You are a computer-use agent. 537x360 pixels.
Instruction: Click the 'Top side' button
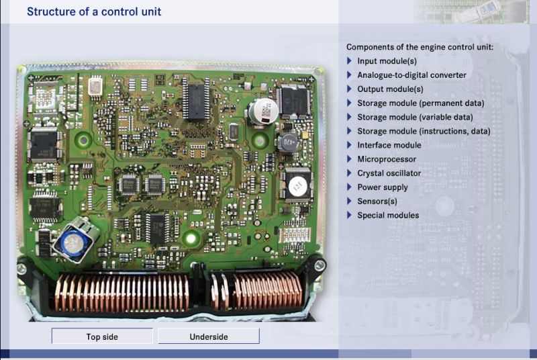(x=102, y=336)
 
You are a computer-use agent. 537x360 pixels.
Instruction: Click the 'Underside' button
(x=209, y=336)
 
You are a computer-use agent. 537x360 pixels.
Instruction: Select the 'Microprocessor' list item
(x=387, y=159)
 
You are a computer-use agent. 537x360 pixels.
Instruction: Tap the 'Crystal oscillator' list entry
(x=389, y=173)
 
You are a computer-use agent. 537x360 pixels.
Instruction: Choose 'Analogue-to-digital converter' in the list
(x=411, y=75)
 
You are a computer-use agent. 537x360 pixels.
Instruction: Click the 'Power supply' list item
(x=383, y=187)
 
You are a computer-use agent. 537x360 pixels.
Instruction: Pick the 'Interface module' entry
(x=389, y=145)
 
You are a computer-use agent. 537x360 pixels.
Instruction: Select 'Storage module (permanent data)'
(x=420, y=103)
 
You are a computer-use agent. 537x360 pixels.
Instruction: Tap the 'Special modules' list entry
(x=388, y=216)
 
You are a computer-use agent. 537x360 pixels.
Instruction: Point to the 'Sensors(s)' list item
(x=377, y=201)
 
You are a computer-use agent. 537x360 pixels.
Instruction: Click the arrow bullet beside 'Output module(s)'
(x=349, y=89)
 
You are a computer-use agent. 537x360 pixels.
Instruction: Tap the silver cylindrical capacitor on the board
(x=262, y=111)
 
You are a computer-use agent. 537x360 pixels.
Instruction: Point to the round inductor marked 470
(x=287, y=142)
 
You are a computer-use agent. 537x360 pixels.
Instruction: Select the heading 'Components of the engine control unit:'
(x=420, y=47)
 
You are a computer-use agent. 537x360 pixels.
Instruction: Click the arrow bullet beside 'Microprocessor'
(x=349, y=159)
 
